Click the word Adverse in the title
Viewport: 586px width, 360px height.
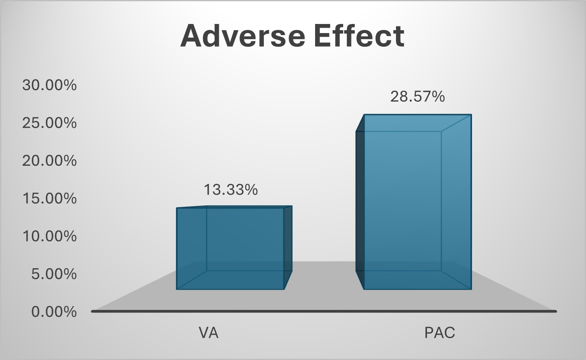click(x=243, y=36)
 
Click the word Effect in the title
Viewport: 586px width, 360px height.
click(x=359, y=36)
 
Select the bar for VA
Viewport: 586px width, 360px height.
click(x=234, y=248)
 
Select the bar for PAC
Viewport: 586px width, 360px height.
click(x=414, y=202)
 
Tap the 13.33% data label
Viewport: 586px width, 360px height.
click(x=231, y=190)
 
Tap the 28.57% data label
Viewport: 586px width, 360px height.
click(x=418, y=97)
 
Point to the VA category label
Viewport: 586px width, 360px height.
click(x=209, y=333)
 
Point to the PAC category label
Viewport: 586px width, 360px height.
click(x=440, y=333)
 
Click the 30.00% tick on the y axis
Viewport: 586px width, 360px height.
click(x=50, y=85)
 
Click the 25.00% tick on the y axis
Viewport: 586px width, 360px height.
click(x=50, y=123)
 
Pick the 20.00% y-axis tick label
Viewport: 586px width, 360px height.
click(x=50, y=160)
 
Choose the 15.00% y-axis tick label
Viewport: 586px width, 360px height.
click(x=50, y=198)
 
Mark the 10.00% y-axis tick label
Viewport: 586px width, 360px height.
click(x=50, y=236)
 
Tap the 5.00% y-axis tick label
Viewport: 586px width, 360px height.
click(x=54, y=274)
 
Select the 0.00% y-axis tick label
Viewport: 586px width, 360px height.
click(x=54, y=312)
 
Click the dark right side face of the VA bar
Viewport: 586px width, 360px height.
click(x=288, y=248)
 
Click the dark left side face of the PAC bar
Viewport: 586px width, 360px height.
click(x=360, y=202)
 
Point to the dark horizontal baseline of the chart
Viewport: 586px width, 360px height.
click(x=324, y=311)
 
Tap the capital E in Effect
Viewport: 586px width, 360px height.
click(x=323, y=36)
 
